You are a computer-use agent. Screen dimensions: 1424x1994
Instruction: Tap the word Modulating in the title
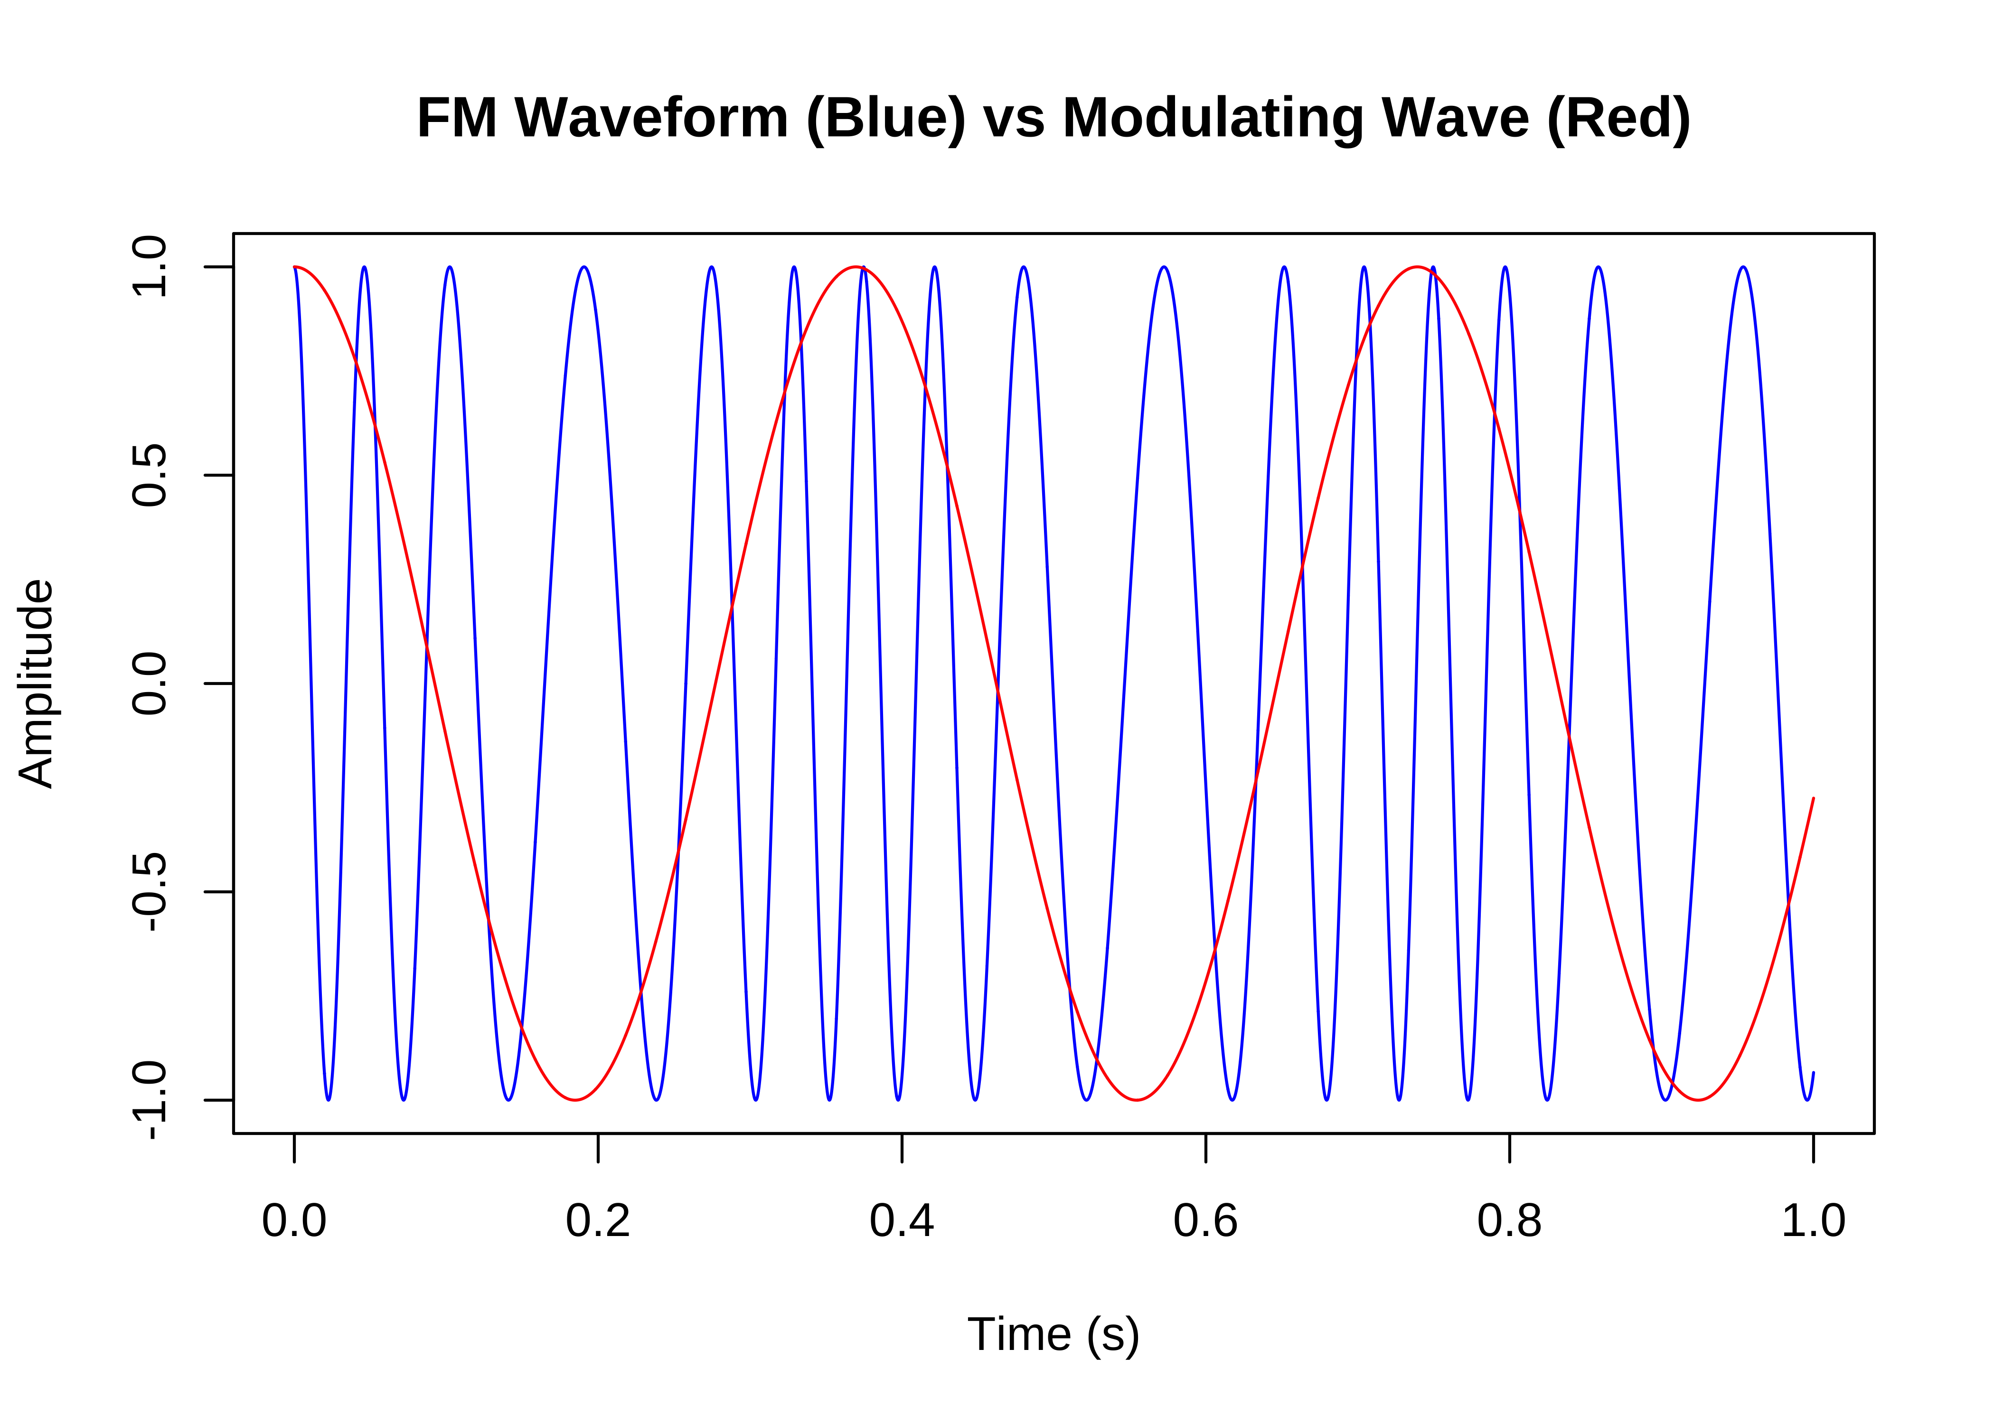[1213, 118]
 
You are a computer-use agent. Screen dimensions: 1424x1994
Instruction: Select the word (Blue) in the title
[885, 118]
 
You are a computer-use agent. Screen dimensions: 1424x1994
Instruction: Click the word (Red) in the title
[1618, 118]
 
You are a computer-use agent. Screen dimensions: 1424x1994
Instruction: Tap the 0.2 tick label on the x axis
[598, 1220]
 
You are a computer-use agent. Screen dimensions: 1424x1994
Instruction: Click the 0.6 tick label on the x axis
[1206, 1220]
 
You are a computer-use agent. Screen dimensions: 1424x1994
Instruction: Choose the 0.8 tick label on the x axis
[1509, 1220]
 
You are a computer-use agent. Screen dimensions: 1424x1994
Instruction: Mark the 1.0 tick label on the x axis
[1813, 1220]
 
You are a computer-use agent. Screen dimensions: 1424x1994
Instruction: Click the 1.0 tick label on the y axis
[149, 267]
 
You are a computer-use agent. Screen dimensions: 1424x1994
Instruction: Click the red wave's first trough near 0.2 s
[574, 1100]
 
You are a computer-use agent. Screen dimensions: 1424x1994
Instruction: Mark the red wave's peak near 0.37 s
[856, 267]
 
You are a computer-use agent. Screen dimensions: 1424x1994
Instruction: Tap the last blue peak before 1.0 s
[1743, 267]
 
